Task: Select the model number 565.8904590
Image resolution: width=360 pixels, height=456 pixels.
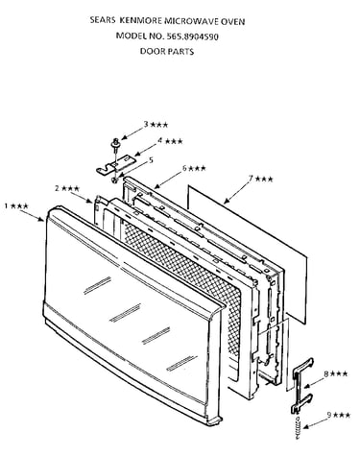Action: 192,36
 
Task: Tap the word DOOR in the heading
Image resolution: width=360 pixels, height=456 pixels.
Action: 152,51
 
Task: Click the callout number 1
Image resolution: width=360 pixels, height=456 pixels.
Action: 7,205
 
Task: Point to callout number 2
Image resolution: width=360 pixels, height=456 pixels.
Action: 58,188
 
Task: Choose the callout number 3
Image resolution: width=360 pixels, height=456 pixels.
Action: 146,124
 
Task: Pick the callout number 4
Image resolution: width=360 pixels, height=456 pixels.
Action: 160,141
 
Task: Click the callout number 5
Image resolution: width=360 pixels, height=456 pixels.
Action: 151,159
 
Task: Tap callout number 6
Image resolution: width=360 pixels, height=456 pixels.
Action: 184,168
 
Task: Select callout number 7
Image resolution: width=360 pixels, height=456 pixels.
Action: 252,179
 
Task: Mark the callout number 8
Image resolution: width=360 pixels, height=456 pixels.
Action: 326,373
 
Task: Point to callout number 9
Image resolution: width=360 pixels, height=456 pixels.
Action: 329,415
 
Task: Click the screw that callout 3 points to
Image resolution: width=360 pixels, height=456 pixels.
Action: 116,144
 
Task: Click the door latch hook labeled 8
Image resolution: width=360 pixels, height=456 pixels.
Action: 300,386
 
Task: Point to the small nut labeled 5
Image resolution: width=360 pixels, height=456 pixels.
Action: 114,180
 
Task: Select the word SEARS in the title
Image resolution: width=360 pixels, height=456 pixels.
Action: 103,20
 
